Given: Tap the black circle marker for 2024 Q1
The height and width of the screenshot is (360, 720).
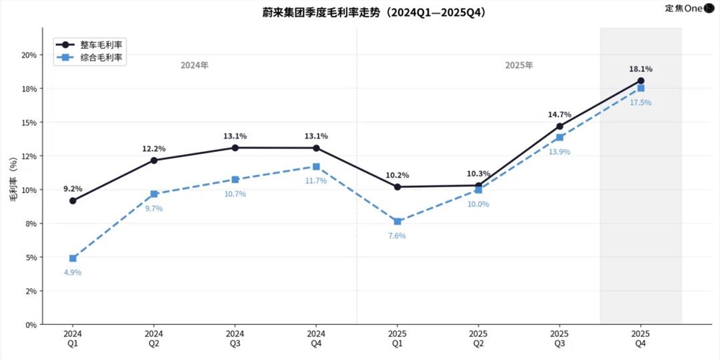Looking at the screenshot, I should tap(73, 201).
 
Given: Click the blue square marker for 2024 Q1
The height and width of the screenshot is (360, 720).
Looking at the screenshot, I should tap(73, 258).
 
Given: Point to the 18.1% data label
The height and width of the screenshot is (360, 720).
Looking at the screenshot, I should tap(640, 69).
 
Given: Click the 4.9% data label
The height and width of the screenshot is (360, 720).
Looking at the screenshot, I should tap(73, 272).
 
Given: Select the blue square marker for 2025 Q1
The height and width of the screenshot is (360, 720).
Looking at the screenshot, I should tap(397, 221).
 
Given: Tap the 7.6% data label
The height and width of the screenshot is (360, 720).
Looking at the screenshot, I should tap(397, 235).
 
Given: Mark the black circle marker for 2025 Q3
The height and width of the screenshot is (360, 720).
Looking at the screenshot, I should tap(559, 126).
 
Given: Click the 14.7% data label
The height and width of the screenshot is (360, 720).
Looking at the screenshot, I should tap(559, 114).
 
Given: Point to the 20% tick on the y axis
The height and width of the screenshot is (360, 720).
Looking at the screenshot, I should tap(29, 55).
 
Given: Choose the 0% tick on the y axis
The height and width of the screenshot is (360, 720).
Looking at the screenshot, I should tap(31, 325).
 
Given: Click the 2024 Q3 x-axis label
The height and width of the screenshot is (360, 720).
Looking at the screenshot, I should tap(235, 339).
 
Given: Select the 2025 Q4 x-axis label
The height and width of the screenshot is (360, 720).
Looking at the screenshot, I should tap(640, 339).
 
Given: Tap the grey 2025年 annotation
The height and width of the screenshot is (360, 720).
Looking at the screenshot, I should tap(519, 66).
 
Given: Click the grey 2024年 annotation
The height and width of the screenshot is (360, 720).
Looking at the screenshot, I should tap(194, 66).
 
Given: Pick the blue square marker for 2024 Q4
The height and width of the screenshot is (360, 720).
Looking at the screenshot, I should tap(316, 166).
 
